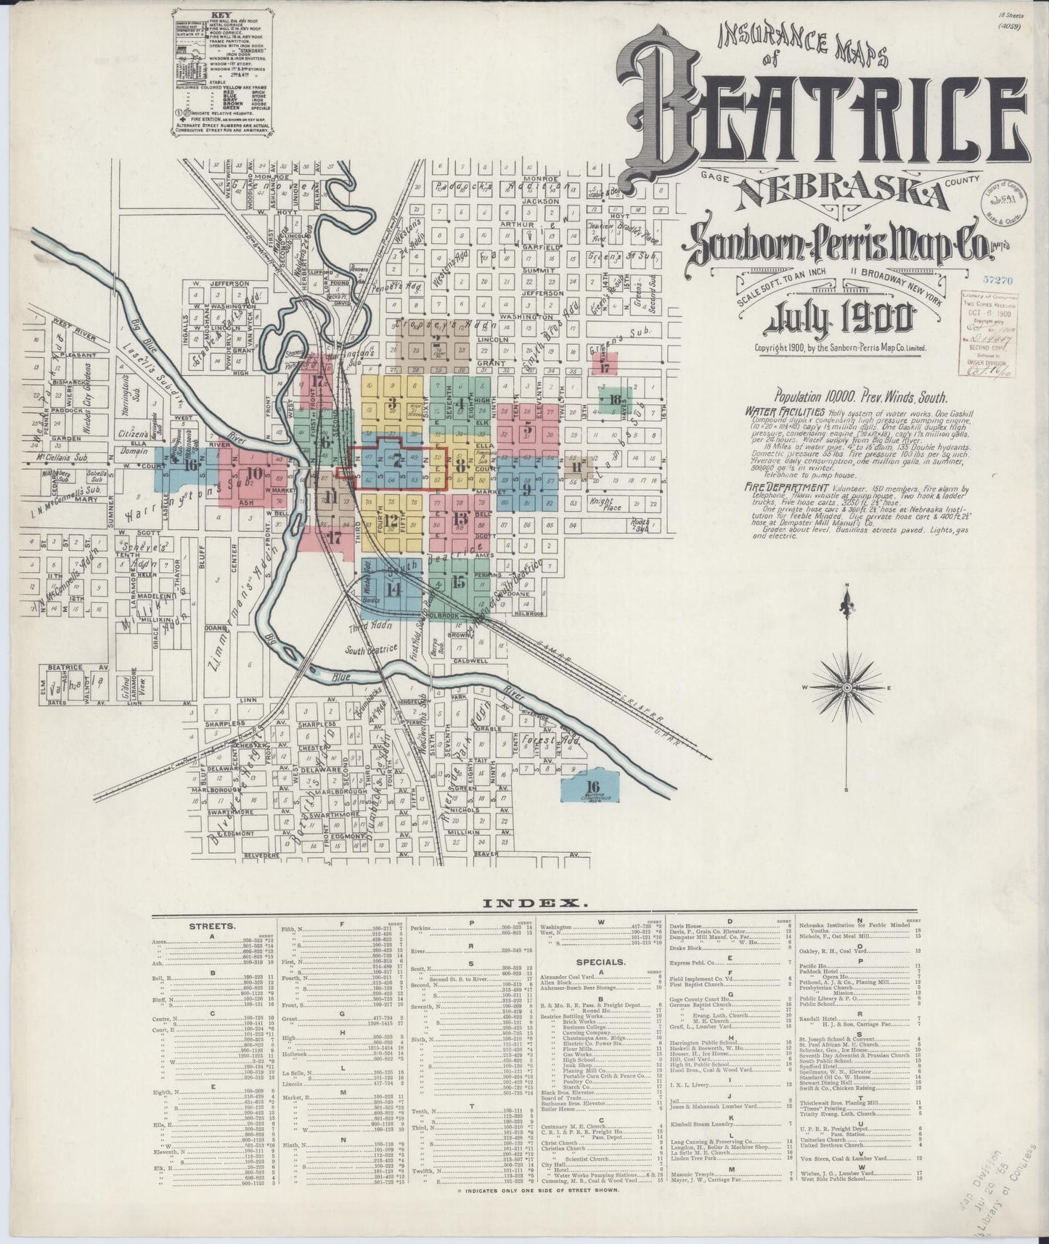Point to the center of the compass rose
[x=846, y=687]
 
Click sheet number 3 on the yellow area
[x=392, y=404]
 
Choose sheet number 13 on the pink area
[x=459, y=518]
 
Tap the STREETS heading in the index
[x=211, y=927]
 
